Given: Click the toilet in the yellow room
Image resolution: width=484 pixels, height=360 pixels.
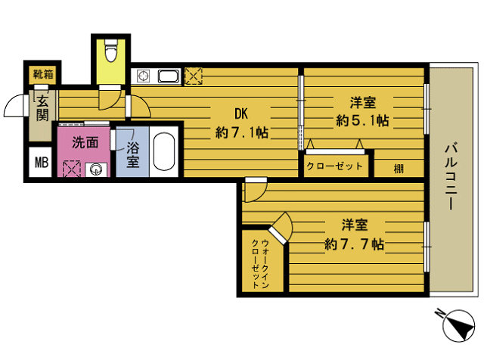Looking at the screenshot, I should point(111,51).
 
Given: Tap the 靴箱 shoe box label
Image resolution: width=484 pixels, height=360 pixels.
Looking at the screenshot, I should point(42,75).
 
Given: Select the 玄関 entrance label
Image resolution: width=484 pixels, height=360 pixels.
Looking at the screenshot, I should point(42,107).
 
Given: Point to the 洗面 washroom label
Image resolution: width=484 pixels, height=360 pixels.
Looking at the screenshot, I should point(85,141).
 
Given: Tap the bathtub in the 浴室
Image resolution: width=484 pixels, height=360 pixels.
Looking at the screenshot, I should point(164,152).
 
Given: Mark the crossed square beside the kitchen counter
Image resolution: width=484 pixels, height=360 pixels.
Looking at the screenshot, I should point(194,76).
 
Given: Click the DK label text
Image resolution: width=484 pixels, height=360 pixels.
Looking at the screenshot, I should point(241,114).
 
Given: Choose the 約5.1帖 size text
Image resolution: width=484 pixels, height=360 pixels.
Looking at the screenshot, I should point(362,119).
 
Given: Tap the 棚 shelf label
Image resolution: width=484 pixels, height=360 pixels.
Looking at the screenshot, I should point(398,168).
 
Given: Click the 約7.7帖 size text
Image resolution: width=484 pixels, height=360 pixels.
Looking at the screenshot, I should point(354,244).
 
